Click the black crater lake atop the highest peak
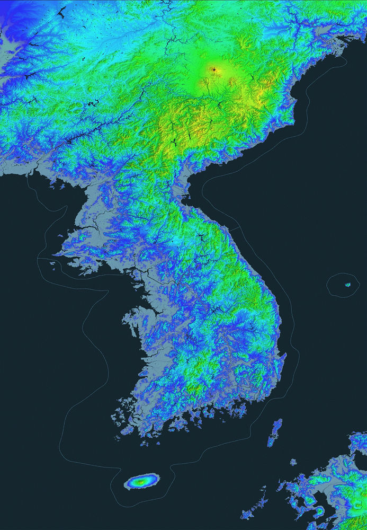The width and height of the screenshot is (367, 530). (214, 69)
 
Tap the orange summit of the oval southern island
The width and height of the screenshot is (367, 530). (141, 482)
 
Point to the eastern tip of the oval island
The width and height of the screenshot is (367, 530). (157, 480)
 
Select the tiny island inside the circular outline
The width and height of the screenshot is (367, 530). (348, 285)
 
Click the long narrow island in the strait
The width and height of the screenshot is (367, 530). (274, 432)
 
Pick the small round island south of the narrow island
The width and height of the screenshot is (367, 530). (293, 463)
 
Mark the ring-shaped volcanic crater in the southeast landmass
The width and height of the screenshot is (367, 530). (320, 511)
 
